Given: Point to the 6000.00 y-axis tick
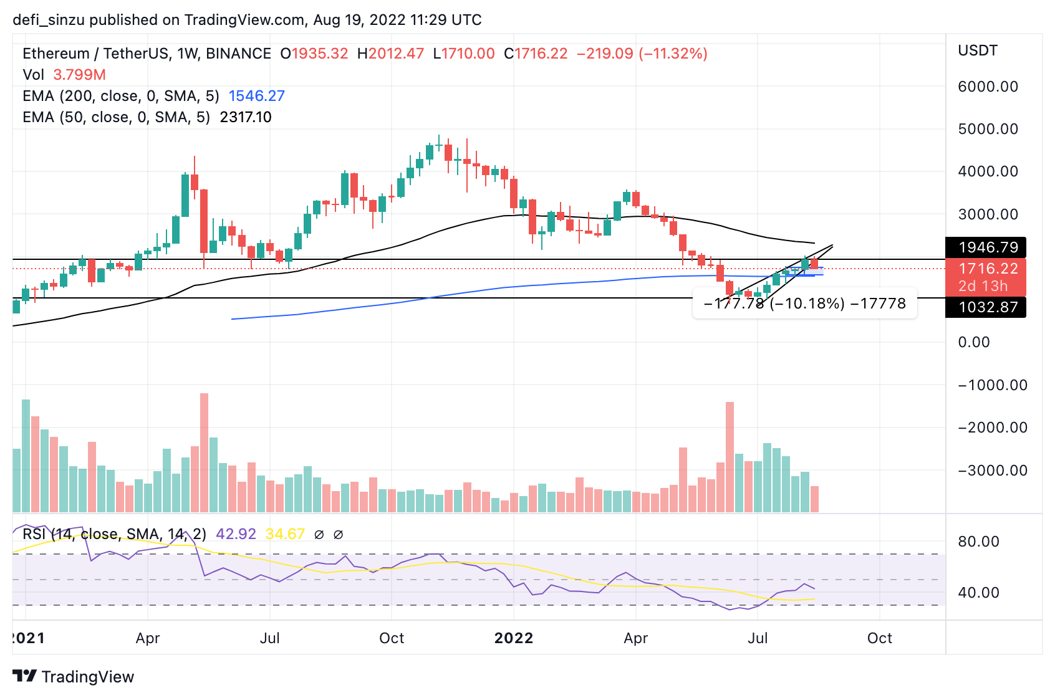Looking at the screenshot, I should (988, 87).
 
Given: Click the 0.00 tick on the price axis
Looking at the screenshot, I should (974, 342).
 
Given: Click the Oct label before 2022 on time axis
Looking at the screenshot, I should (392, 638).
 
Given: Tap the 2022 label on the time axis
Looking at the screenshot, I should (514, 638).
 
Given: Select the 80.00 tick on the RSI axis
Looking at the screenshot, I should (978, 542).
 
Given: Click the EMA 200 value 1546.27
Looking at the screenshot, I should (256, 96).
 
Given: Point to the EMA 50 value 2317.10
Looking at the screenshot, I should (246, 117).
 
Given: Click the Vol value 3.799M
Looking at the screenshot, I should (79, 75).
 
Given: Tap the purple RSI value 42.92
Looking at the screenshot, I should (236, 534).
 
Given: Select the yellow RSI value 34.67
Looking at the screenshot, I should (285, 534).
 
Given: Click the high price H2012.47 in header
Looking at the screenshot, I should (390, 54).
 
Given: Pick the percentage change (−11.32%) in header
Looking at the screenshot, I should (673, 54).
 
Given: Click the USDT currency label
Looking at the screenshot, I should (978, 50).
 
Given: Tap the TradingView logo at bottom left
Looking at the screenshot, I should (73, 677).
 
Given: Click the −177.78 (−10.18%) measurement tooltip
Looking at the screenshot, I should (804, 304).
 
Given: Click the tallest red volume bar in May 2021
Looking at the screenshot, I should (204, 452).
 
